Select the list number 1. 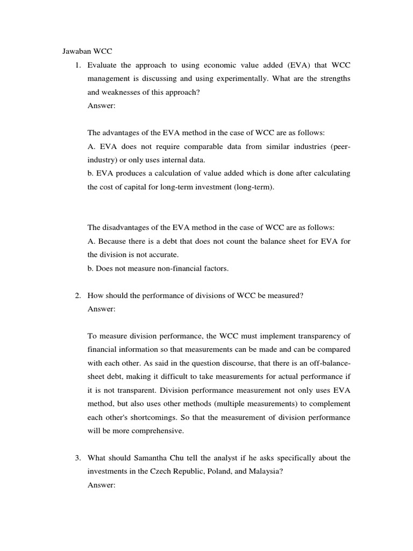77,65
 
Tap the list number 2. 77,295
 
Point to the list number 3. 77,458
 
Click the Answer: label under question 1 101,105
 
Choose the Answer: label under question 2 101,309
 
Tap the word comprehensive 159,430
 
